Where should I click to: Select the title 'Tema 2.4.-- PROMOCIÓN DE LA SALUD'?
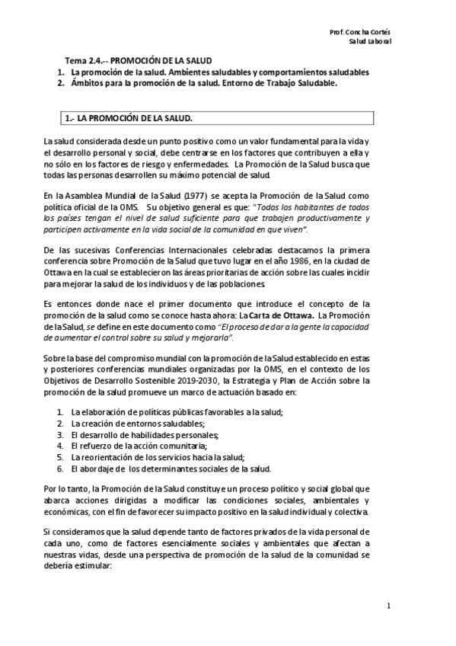136,60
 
